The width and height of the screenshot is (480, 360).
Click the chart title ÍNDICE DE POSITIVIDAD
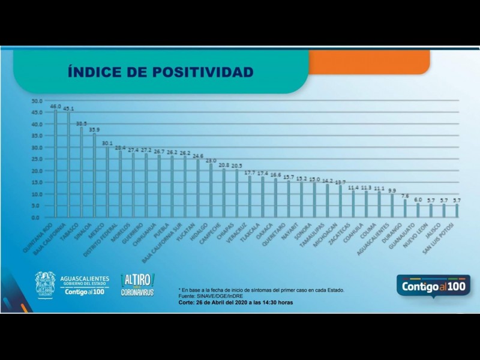point(160,73)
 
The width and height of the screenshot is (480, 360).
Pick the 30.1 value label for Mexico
point(107,143)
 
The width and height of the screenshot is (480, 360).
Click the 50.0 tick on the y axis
point(37,100)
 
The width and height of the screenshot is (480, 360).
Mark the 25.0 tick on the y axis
point(37,159)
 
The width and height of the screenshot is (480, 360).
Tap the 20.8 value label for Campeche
point(223,165)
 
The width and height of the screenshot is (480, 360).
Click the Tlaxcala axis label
point(254,231)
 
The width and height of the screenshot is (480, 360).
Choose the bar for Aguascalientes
point(392,206)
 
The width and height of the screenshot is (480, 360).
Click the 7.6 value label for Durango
point(405,196)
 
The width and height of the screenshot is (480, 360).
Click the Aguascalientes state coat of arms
point(45,284)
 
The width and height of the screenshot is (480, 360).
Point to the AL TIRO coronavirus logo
point(137,284)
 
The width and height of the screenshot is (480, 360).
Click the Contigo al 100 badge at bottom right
point(433,286)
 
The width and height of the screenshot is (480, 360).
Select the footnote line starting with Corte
point(235,302)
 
